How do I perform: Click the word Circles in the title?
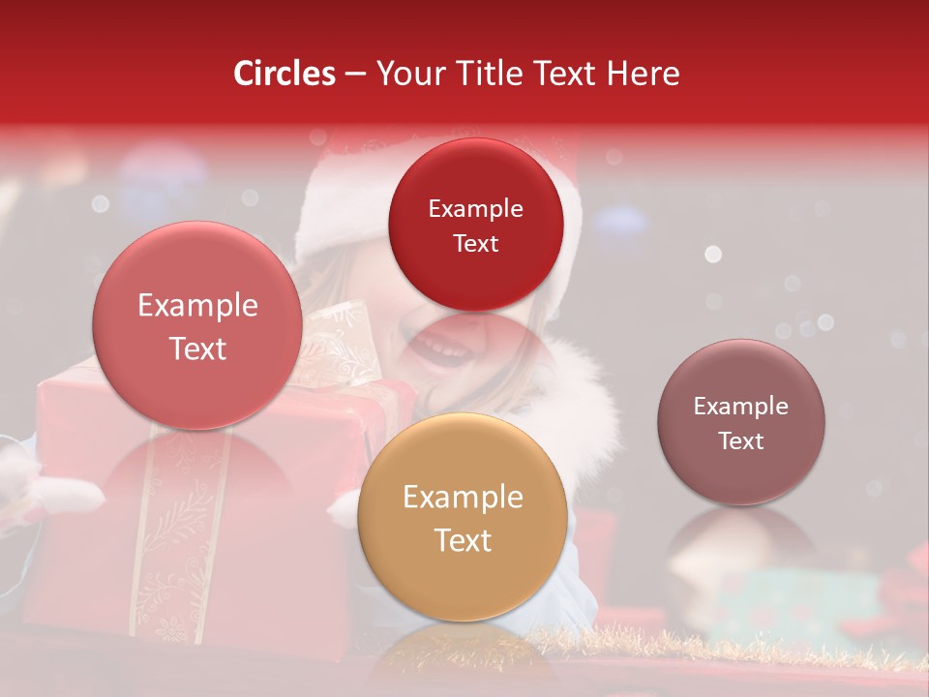[284, 74]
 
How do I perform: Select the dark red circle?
[475, 225]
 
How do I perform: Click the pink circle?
[197, 326]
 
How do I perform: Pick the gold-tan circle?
[463, 518]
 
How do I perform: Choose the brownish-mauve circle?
[741, 422]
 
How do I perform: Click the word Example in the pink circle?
[197, 306]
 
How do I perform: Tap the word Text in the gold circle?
[463, 540]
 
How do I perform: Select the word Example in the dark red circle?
[475, 208]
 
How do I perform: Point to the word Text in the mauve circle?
[741, 441]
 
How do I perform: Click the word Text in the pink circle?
[197, 348]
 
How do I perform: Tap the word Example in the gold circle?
[463, 498]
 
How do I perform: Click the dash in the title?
[355, 75]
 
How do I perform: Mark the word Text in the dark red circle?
[475, 244]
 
